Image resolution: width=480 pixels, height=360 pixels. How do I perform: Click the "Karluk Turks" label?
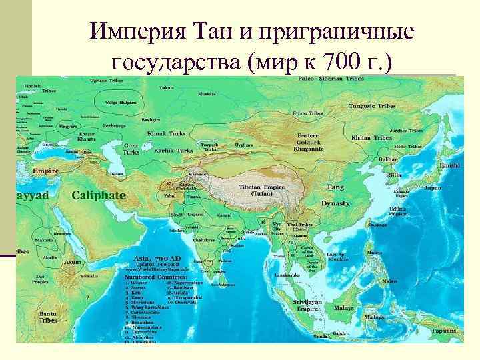[x=173, y=151]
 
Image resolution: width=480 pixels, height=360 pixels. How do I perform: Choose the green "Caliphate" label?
[x=98, y=195]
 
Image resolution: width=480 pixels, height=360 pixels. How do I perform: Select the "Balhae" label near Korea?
[x=388, y=160]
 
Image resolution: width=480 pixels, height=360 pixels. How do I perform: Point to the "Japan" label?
[x=433, y=188]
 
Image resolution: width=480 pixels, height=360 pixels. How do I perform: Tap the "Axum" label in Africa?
[x=73, y=262]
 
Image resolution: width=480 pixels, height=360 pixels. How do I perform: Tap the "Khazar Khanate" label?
[x=86, y=136]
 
